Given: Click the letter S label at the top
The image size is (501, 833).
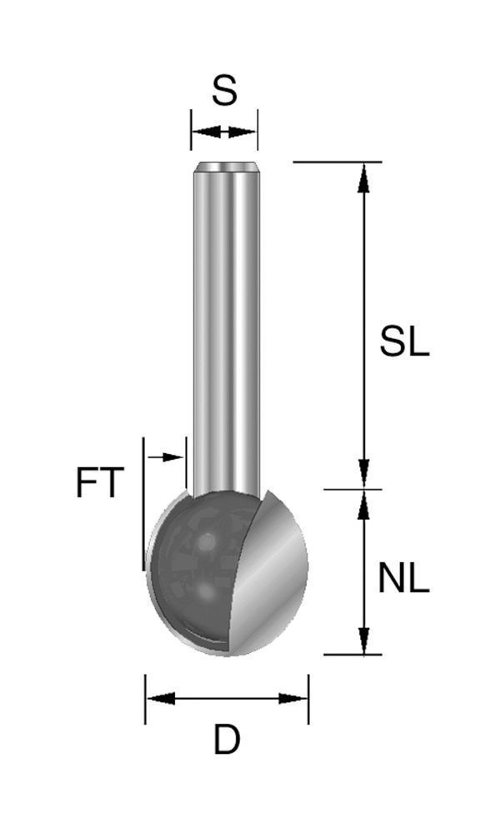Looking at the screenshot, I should coord(224,91).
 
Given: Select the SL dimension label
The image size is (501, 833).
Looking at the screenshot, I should coord(404,342).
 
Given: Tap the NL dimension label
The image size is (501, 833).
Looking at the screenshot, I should coord(403,578).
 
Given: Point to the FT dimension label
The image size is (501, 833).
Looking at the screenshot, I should coord(100,484).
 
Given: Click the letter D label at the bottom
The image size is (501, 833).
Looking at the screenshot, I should coord(227,740).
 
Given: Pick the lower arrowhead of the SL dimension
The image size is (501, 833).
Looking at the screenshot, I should coord(363,475).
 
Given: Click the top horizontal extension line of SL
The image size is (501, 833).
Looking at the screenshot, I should coord(333,162).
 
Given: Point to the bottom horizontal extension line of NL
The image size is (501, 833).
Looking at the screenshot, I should coord(350,655).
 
